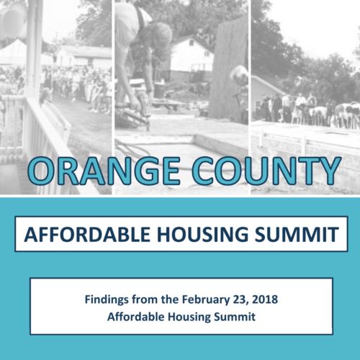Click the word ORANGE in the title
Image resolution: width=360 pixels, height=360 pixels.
tap(104, 171)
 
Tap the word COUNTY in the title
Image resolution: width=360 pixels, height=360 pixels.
tap(266, 171)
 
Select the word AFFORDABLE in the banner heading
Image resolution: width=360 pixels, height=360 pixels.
tap(87, 234)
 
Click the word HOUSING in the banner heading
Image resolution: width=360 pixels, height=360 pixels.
tap(202, 234)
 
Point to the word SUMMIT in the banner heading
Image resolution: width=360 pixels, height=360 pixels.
tap(297, 234)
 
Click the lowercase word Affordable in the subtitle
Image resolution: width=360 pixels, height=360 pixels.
tap(136, 317)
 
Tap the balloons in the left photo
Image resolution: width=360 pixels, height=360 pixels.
tap(14, 19)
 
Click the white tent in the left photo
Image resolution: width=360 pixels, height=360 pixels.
tap(12, 53)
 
